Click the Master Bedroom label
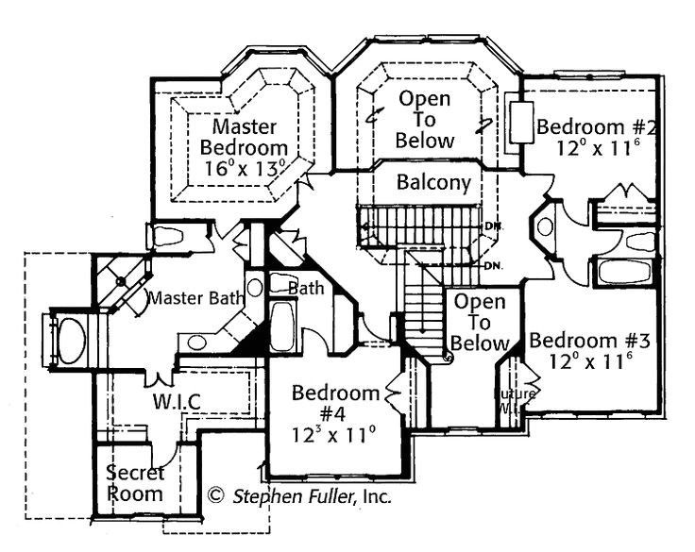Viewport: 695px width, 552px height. click(244, 137)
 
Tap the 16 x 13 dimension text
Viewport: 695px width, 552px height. click(243, 170)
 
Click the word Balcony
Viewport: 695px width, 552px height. click(433, 182)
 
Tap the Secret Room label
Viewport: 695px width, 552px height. click(133, 482)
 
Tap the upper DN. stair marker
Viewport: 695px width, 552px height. click(491, 226)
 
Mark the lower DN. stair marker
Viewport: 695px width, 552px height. click(491, 265)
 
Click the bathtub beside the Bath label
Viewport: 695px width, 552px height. click(282, 326)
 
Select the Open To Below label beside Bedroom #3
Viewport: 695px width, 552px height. click(480, 323)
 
